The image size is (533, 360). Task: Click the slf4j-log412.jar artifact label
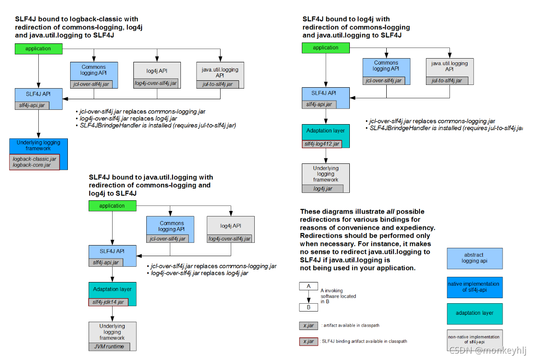[x=322, y=144]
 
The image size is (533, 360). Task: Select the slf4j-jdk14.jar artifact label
[x=108, y=302]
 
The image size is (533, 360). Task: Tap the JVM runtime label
[x=109, y=347]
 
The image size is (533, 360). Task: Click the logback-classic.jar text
[x=35, y=159]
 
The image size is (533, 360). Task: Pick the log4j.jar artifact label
[x=323, y=188]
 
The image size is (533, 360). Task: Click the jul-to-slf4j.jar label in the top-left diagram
[x=217, y=84]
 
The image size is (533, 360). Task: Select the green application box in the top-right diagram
[x=325, y=48]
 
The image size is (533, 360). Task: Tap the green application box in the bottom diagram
[x=112, y=206]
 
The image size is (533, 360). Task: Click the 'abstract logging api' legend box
[x=474, y=258]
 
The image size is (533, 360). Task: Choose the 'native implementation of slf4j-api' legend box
[x=474, y=287]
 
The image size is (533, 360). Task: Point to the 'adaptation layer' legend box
[x=474, y=313]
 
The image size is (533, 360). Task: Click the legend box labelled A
[x=308, y=286]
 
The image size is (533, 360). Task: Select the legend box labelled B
[x=308, y=307]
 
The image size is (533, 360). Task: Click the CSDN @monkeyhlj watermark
[x=488, y=351]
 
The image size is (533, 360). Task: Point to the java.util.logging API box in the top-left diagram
[x=220, y=72]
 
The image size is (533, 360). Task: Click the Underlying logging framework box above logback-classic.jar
[x=38, y=145]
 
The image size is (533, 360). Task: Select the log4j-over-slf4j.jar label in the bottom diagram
[x=229, y=239]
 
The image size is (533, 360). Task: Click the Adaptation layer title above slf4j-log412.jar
[x=325, y=131]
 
